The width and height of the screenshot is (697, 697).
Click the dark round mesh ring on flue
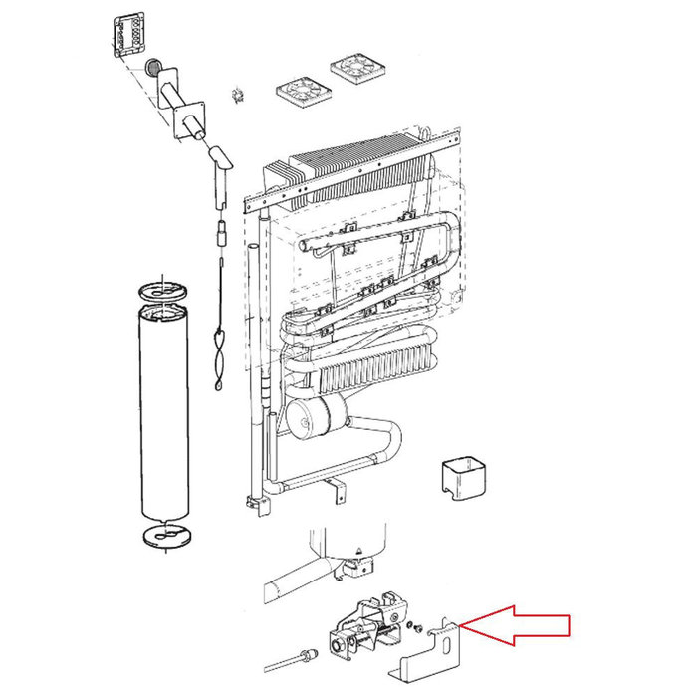pyautogui.click(x=154, y=68)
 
